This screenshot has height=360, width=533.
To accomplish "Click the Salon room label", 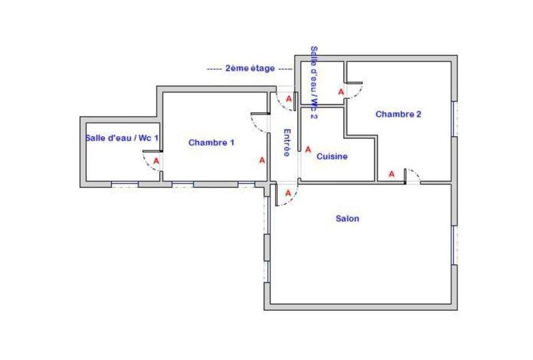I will pos(348,219).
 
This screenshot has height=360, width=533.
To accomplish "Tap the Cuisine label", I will pos(332,157).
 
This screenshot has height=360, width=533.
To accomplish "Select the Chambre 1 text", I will pos(211,142).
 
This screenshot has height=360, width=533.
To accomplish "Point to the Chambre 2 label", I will pos(398,114).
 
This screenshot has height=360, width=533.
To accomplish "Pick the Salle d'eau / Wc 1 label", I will pos(121,138).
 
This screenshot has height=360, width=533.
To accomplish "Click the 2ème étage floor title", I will pos(250,68).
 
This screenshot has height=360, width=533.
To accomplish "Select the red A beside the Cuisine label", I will pos(308,149).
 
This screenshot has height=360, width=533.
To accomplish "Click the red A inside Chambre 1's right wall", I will pos(262,160).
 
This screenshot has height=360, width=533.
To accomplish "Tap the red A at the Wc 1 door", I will pos(156,161).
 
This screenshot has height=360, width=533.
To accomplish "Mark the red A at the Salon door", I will pos(288,193).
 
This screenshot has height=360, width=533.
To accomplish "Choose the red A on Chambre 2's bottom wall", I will pos(392,174).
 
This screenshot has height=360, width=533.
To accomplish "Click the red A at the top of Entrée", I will pos(288,99).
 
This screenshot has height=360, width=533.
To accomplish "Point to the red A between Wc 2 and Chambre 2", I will pos(341,91).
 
